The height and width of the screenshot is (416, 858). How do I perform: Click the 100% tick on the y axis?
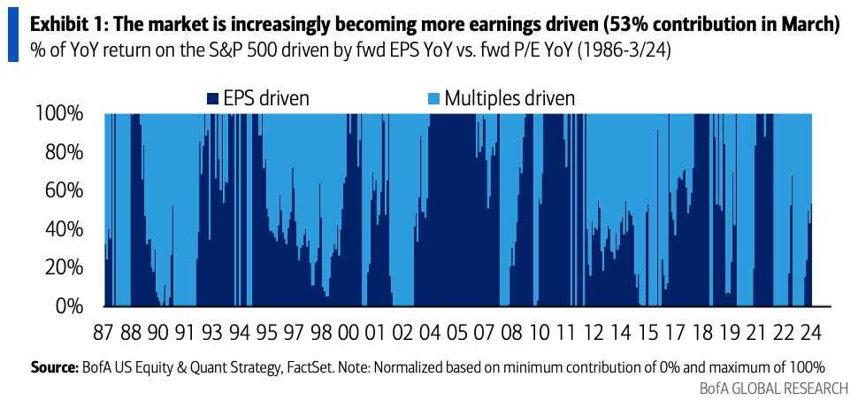click(58, 114)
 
